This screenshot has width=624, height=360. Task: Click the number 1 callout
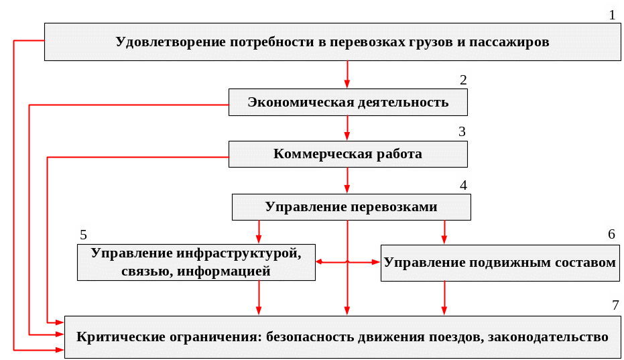(611, 13)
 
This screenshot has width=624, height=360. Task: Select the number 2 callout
(462, 79)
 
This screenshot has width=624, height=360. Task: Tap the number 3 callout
(462, 130)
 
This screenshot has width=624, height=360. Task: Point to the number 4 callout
(463, 183)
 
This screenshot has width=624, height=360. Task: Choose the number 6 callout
(611, 234)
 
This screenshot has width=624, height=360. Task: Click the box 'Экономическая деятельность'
(348, 103)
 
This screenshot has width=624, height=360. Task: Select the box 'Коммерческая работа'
(348, 154)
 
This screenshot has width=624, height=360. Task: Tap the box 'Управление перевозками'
(351, 207)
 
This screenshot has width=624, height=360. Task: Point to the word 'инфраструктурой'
(239, 253)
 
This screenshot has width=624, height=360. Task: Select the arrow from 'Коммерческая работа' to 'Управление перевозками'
(347, 180)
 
